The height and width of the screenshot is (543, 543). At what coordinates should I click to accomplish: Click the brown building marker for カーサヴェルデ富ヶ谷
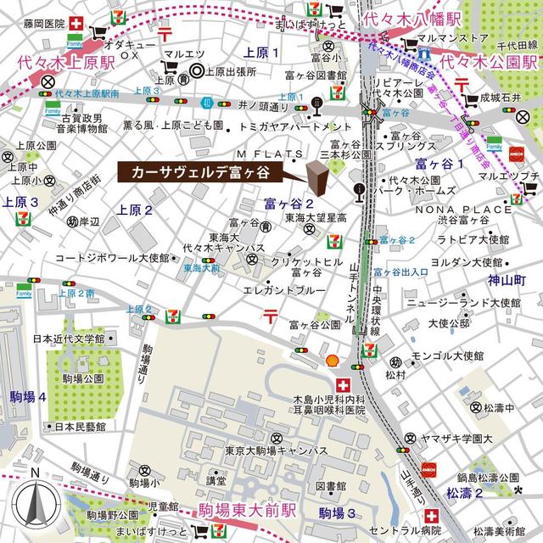[316, 178]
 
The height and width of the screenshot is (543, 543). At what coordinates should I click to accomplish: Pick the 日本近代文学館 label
[68, 339]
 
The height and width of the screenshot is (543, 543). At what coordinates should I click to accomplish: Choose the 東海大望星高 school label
[316, 218]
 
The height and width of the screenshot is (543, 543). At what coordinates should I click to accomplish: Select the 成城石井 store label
[507, 97]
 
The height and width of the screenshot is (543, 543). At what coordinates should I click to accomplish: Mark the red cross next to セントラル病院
[432, 516]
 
